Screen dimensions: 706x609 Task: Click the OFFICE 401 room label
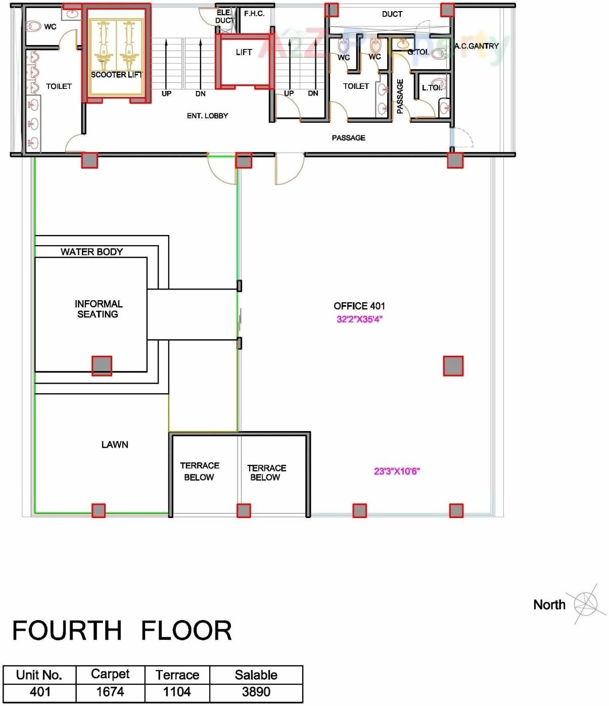pos(359,306)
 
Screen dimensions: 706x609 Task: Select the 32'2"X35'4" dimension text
pos(359,319)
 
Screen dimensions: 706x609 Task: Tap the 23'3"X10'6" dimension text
pos(397,471)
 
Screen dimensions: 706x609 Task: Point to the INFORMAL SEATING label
pos(98,309)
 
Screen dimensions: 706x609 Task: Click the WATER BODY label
pos(91,252)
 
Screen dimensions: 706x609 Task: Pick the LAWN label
pos(115,445)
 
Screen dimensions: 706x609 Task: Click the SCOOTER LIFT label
pos(116,75)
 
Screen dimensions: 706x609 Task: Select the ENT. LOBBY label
pos(207,116)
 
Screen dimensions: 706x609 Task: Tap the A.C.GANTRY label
pos(476,46)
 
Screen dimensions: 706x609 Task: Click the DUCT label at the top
pos(392,14)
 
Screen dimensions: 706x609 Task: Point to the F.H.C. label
pos(254,14)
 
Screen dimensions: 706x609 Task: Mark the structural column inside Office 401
pos(453,366)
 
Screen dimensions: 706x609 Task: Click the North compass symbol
pos(585,604)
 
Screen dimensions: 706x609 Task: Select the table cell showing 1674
pos(110,692)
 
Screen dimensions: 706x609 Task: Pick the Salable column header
pos(256,675)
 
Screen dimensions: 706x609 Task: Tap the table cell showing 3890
pos(256,692)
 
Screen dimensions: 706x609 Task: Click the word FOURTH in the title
pos(67,631)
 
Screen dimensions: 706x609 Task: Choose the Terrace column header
pos(177,675)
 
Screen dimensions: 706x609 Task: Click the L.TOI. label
pos(431,87)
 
